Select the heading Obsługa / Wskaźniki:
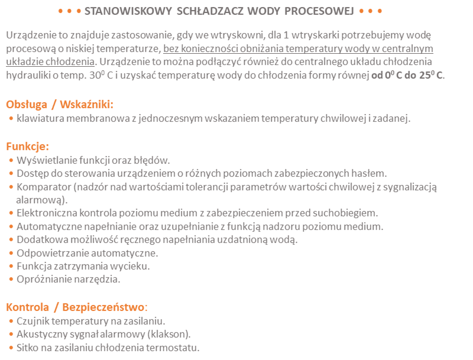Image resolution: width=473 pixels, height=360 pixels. tap(60, 104)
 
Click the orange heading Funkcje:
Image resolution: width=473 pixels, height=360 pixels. tap(27, 146)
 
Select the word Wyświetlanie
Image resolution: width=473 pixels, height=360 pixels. tap(46, 160)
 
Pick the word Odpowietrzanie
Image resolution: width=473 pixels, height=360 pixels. tap(51, 253)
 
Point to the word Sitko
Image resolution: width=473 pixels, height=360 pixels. tap(28, 348)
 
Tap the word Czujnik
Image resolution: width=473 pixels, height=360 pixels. tap(33, 321)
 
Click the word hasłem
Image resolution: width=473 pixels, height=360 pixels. tap(370, 173)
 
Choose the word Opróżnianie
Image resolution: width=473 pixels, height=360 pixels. tap(43, 279)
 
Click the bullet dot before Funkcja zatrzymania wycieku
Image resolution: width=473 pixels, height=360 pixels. tap(11, 267)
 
